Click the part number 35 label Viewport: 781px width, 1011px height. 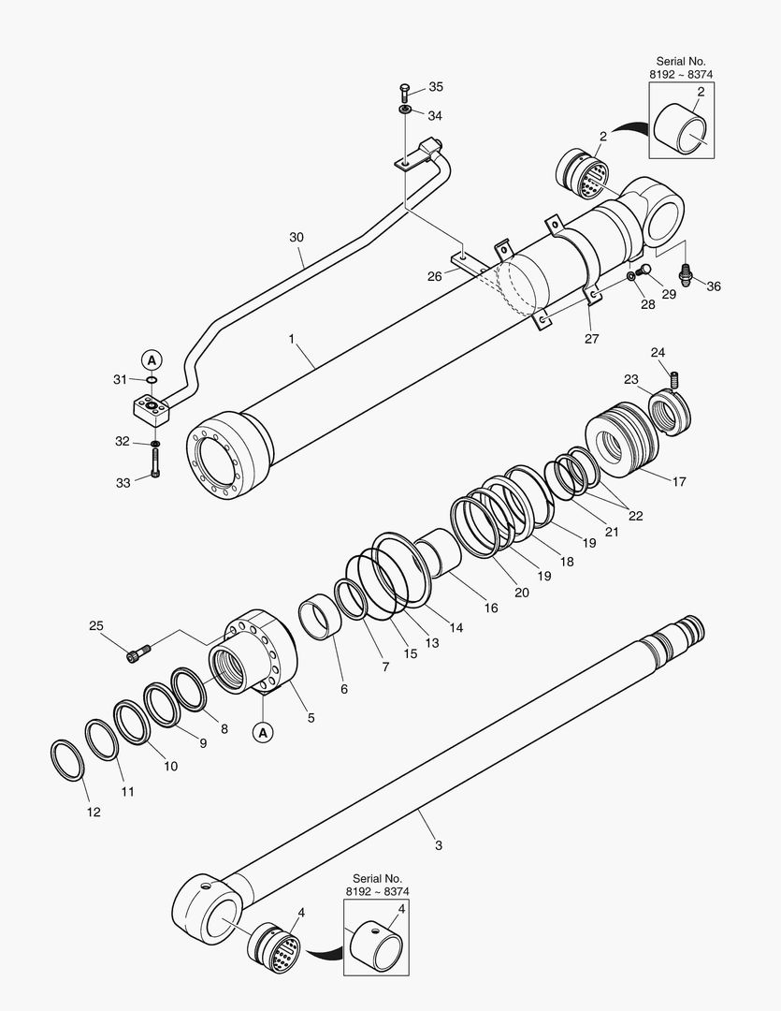pos(436,87)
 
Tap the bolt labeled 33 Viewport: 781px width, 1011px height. pos(154,462)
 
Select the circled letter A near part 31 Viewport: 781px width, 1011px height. pos(152,359)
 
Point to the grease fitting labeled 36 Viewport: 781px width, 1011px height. pos(687,274)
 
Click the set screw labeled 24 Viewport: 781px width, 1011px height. pos(673,378)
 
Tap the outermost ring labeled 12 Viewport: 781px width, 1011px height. pos(66,758)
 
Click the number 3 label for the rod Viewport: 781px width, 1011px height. pos(439,845)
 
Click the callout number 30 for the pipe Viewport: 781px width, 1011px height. pos(296,238)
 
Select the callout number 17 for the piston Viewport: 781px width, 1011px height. pos(679,482)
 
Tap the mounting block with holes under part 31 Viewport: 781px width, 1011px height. pos(150,410)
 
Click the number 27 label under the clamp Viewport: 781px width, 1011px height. pos(591,339)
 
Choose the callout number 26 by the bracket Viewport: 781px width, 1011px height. pos(435,276)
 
